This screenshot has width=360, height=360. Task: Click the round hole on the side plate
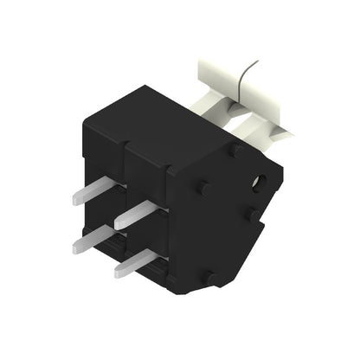point(257,184)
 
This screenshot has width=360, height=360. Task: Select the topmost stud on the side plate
point(235,149)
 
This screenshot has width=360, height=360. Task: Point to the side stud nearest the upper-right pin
point(204,187)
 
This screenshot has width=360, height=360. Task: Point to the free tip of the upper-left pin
point(75,197)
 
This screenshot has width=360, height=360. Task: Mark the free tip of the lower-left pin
point(76,247)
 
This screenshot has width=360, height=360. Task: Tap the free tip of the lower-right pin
point(118,272)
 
